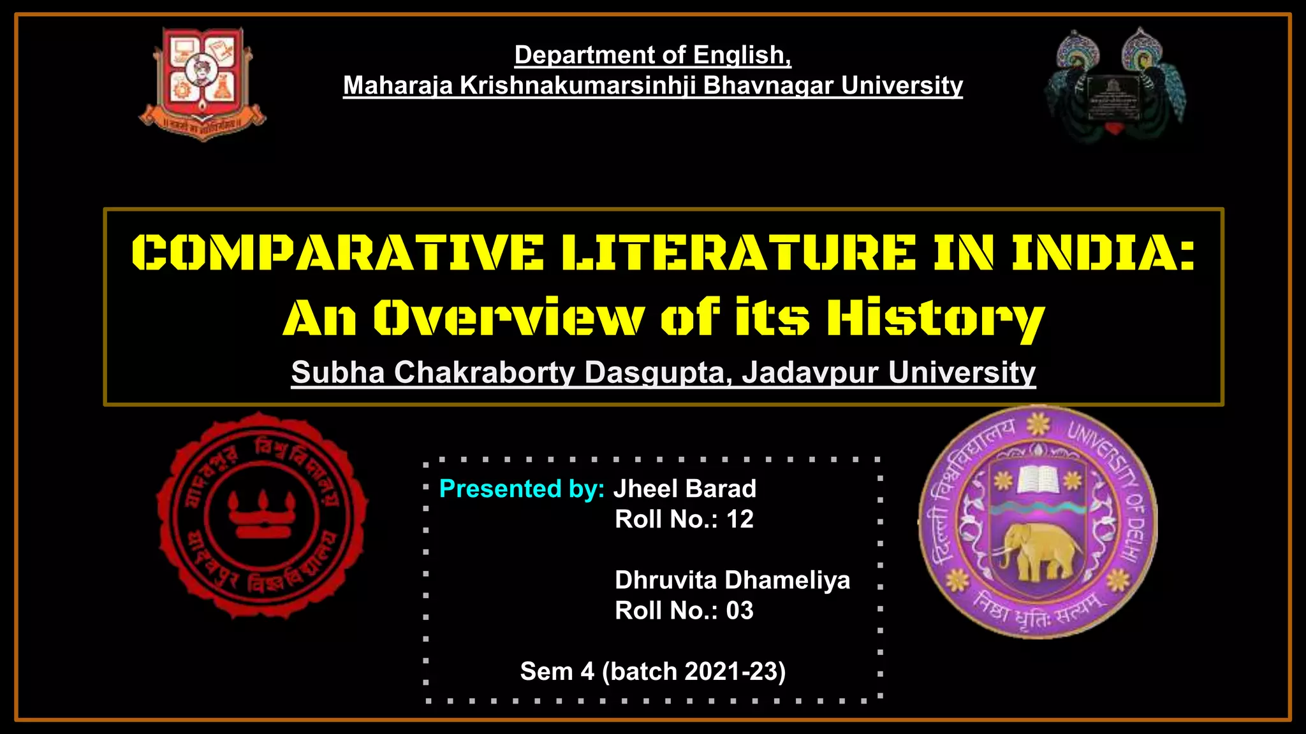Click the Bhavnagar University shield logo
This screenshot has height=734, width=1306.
pyautogui.click(x=202, y=83)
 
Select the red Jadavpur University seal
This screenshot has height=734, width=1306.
pyautogui.click(x=262, y=515)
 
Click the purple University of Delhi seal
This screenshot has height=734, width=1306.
pyautogui.click(x=1038, y=522)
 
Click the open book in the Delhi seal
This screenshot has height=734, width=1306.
pyautogui.click(x=1038, y=479)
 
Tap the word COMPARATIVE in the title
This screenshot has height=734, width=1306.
pyautogui.click(x=337, y=253)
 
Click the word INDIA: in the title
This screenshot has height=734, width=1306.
pyautogui.click(x=1103, y=253)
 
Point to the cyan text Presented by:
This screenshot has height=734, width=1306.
pyautogui.click(x=522, y=489)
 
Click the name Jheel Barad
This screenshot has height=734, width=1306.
pyautogui.click(x=685, y=489)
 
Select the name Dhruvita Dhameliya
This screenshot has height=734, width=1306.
pyautogui.click(x=732, y=580)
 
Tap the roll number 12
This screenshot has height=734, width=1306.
pyautogui.click(x=740, y=519)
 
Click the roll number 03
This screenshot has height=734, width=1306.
pyautogui.click(x=740, y=610)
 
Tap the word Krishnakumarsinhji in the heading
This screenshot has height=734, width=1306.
pyautogui.click(x=578, y=85)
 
